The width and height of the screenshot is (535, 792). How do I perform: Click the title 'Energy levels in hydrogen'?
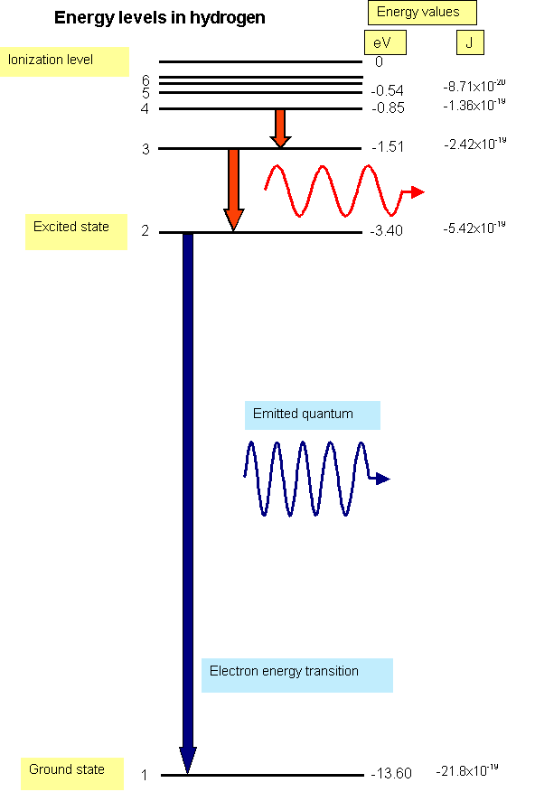(x=160, y=18)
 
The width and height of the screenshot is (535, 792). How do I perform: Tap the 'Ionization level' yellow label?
(x=64, y=61)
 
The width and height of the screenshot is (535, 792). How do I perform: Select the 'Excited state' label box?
(x=76, y=232)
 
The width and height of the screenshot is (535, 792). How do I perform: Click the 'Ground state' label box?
(x=71, y=773)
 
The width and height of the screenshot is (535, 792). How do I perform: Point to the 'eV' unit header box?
(x=385, y=42)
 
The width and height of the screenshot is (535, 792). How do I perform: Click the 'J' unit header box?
(x=470, y=42)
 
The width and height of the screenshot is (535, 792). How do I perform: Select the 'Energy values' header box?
(x=422, y=13)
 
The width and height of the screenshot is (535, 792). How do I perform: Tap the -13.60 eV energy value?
(x=391, y=773)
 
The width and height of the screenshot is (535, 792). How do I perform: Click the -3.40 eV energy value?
(x=386, y=231)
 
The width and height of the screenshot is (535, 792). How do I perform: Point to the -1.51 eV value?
(x=388, y=147)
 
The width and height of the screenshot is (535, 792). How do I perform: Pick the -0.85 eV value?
(x=388, y=108)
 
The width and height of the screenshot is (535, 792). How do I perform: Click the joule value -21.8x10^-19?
(x=466, y=770)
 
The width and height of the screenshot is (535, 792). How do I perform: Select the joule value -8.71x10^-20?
(x=474, y=86)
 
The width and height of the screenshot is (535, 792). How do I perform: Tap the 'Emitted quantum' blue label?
(x=313, y=415)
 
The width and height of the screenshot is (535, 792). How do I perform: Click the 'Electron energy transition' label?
(x=297, y=675)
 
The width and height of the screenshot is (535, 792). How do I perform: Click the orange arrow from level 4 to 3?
(x=280, y=128)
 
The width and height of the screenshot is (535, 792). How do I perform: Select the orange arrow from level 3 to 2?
(x=234, y=190)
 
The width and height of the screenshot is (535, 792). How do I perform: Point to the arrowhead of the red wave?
(x=418, y=192)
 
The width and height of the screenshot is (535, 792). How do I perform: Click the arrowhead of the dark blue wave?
(x=383, y=479)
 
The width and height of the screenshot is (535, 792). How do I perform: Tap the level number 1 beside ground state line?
(x=145, y=775)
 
